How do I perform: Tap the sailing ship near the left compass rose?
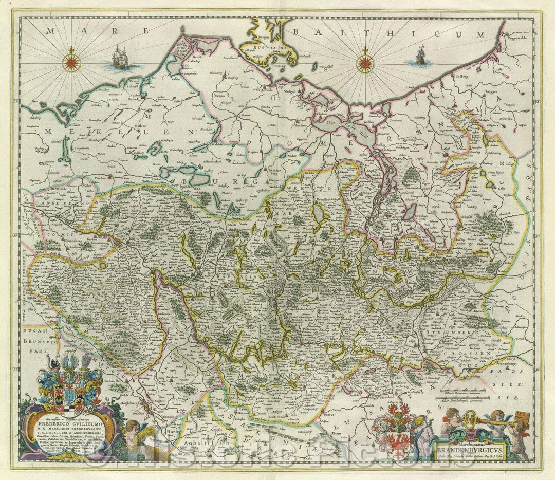coord(119,58)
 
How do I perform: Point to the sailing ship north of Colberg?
coord(420,56)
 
